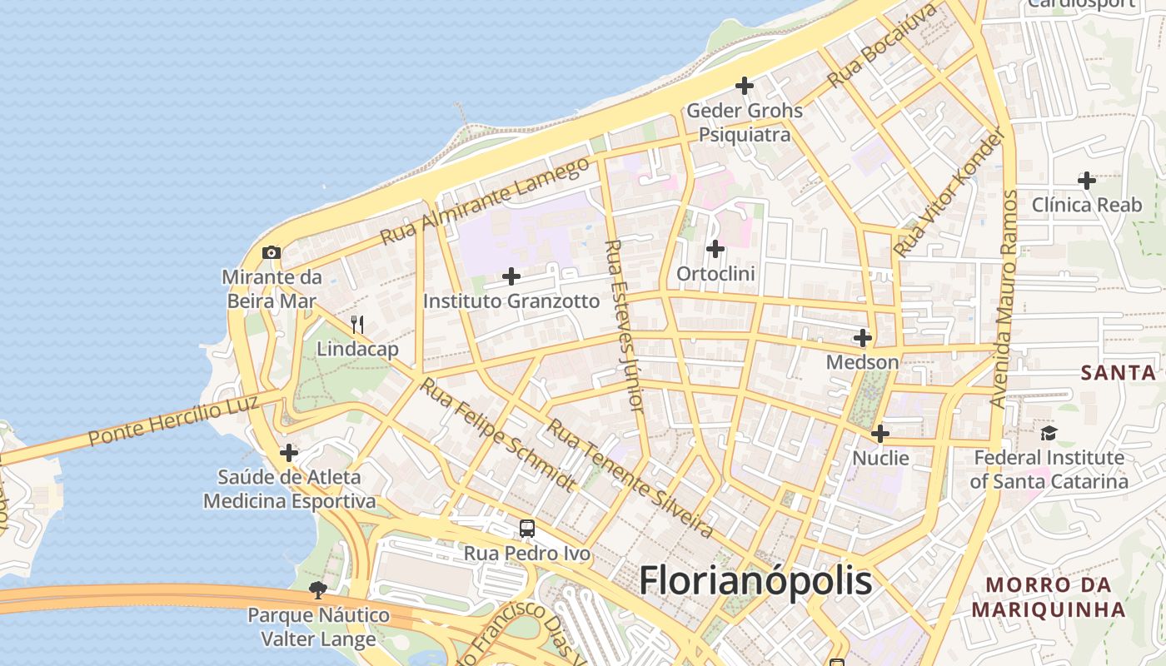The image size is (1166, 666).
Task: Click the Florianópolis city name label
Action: tap(755, 580)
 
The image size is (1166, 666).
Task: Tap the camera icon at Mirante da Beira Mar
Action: tap(272, 252)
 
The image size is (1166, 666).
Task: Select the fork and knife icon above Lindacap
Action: tap(357, 324)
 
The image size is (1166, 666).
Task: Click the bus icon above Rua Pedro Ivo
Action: tap(527, 529)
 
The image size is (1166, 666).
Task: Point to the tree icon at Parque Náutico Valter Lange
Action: tap(317, 590)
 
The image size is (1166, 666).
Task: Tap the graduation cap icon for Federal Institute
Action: tap(1049, 433)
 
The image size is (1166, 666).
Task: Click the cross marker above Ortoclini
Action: tap(715, 248)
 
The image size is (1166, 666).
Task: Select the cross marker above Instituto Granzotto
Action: tap(511, 276)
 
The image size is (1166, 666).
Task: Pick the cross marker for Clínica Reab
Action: tap(1087, 180)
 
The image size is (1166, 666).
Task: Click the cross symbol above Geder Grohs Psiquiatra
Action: tap(745, 85)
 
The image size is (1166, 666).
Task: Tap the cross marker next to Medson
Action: tap(863, 338)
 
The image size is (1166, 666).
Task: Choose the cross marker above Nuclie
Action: tap(880, 434)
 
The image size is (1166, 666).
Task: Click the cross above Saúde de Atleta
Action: tap(289, 453)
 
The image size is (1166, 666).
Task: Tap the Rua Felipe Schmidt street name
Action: tap(497, 434)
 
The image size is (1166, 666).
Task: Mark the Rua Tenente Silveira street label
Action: tap(630, 478)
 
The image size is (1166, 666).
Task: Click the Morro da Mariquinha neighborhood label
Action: tap(1049, 597)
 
